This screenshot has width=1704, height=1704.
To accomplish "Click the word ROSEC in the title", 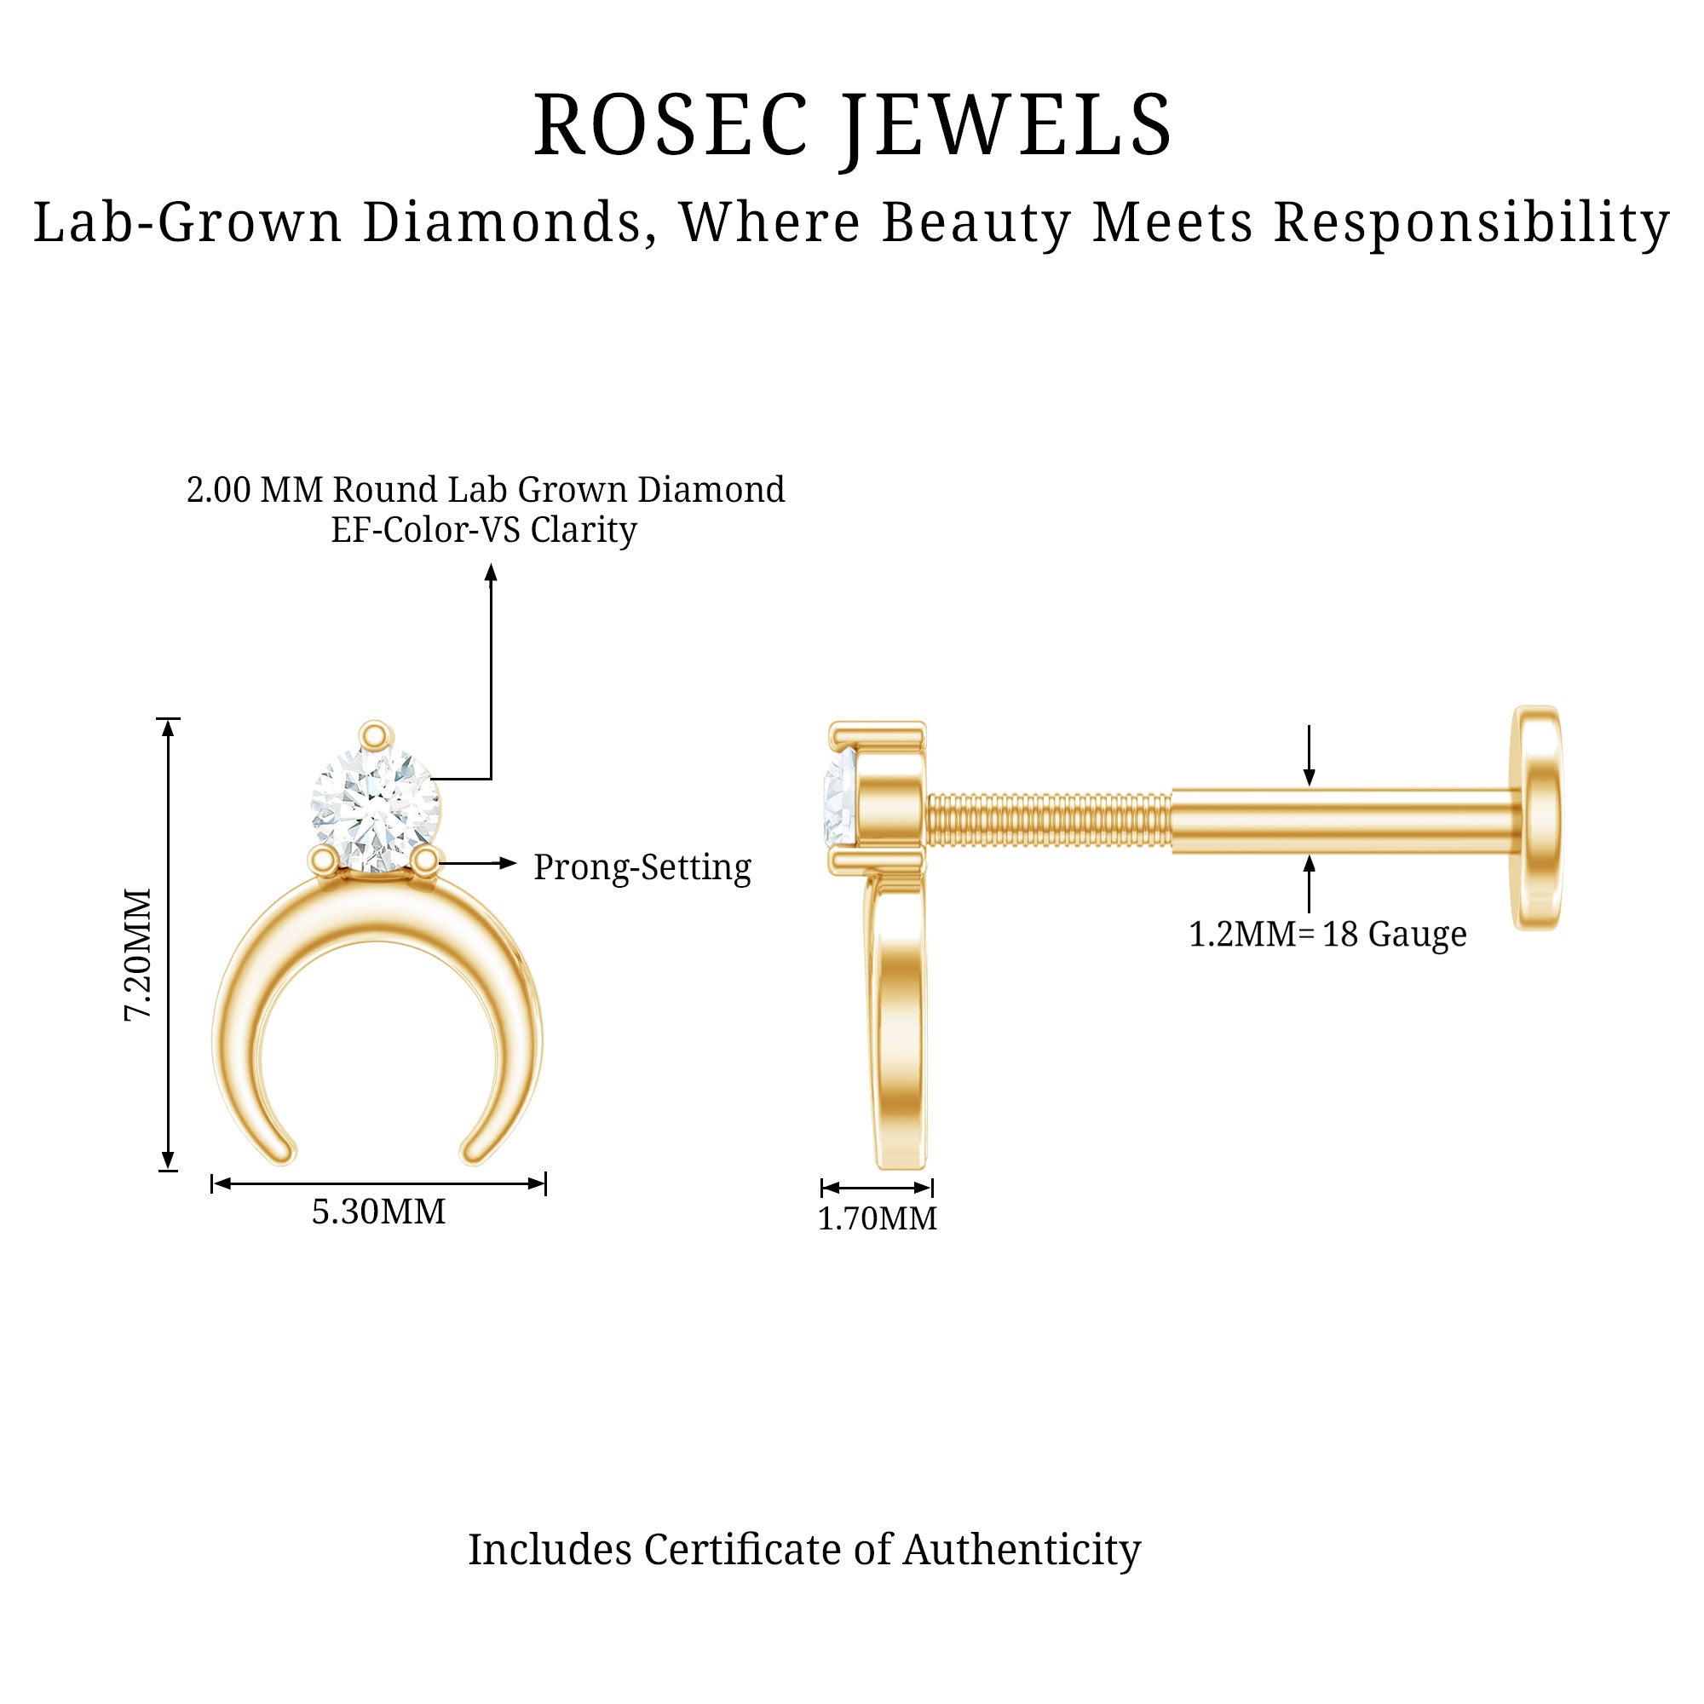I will pos(671,125).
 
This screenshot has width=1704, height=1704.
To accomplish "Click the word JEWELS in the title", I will pos(1007,125).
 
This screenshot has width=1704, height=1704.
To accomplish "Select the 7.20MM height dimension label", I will pos(139,954).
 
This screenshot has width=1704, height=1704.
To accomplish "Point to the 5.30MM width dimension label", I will pos(378,1212).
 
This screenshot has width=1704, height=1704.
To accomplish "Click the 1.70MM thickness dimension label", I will pos(877,1218).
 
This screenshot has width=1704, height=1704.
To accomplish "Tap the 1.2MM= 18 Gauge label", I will pos(1327,934).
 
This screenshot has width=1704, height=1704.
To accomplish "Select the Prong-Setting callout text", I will pos(642,867).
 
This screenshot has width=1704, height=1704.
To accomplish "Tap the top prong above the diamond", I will pos(375,734).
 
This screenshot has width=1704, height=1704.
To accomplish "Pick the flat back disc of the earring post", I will pos(1538,818).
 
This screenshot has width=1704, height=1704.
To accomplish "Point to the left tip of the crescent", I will pos(281,1150).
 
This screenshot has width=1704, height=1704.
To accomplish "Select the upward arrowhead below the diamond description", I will pos(492,574).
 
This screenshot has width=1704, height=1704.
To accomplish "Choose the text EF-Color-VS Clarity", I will pos(483,530).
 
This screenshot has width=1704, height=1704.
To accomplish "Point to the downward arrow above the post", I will pos(1309,775).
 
